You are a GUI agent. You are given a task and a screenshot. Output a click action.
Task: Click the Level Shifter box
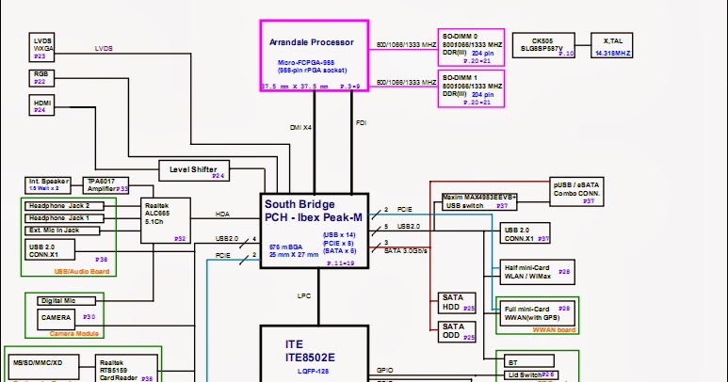pyautogui.click(x=194, y=170)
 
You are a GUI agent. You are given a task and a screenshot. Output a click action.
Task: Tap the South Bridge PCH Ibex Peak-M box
pyautogui.click(x=314, y=231)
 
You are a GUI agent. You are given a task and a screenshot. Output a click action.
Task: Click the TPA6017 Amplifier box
pyautogui.click(x=106, y=184)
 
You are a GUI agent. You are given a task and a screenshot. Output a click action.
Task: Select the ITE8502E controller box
pyautogui.click(x=314, y=354)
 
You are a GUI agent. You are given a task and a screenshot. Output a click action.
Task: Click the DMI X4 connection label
pyautogui.click(x=300, y=125)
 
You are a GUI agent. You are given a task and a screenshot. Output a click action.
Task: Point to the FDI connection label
pyautogui.click(x=361, y=123)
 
